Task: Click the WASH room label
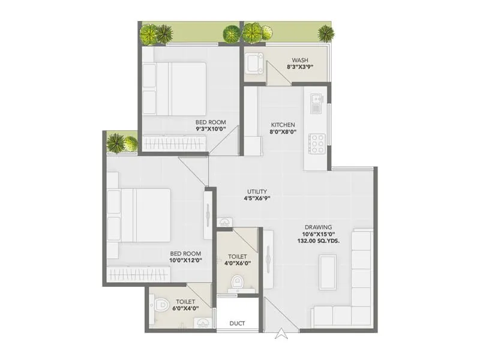click(x=299, y=60)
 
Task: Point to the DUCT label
click(x=238, y=323)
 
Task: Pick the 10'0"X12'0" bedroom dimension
click(x=185, y=260)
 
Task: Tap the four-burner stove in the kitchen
click(x=316, y=143)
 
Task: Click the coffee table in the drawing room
click(x=327, y=271)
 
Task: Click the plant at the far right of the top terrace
click(x=326, y=33)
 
